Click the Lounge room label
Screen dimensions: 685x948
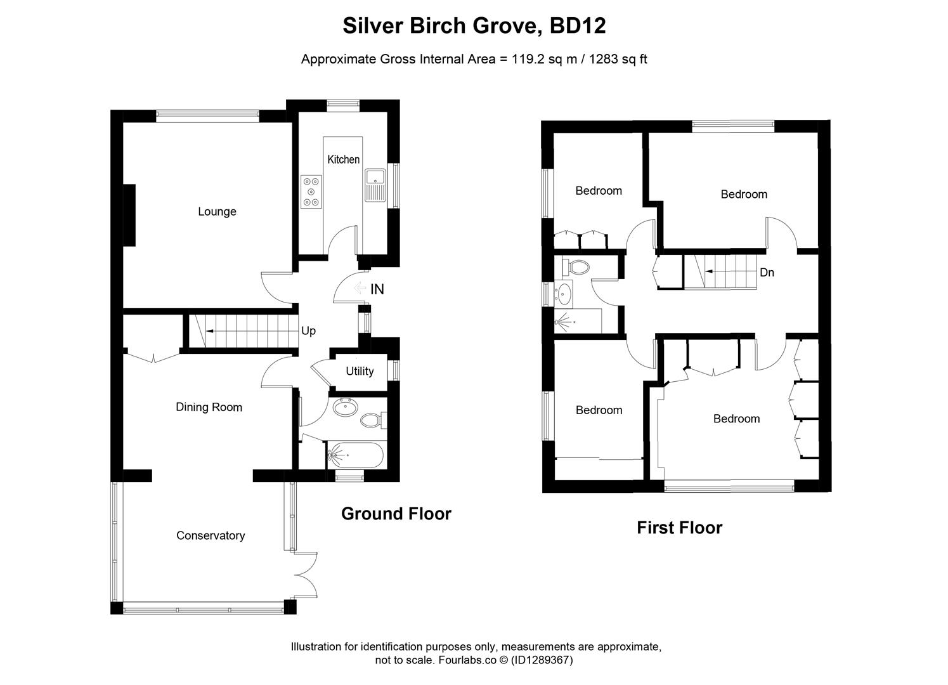coord(217,212)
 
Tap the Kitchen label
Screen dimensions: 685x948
coord(343,160)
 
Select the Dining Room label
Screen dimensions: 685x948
coord(209,407)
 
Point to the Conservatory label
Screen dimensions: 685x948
coord(211,536)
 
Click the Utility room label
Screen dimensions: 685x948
coord(360,371)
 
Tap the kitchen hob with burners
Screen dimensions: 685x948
coord(311,191)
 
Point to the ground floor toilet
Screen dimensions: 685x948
coord(371,420)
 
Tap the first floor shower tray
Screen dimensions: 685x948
coord(578,321)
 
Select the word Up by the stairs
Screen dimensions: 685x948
coord(308,331)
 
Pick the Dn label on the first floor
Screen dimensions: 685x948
coord(767,273)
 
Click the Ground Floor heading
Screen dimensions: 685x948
coord(396,514)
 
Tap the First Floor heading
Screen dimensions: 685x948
coord(679,528)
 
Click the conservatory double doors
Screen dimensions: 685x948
coord(306,575)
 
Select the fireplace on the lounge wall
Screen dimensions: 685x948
coord(129,214)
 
